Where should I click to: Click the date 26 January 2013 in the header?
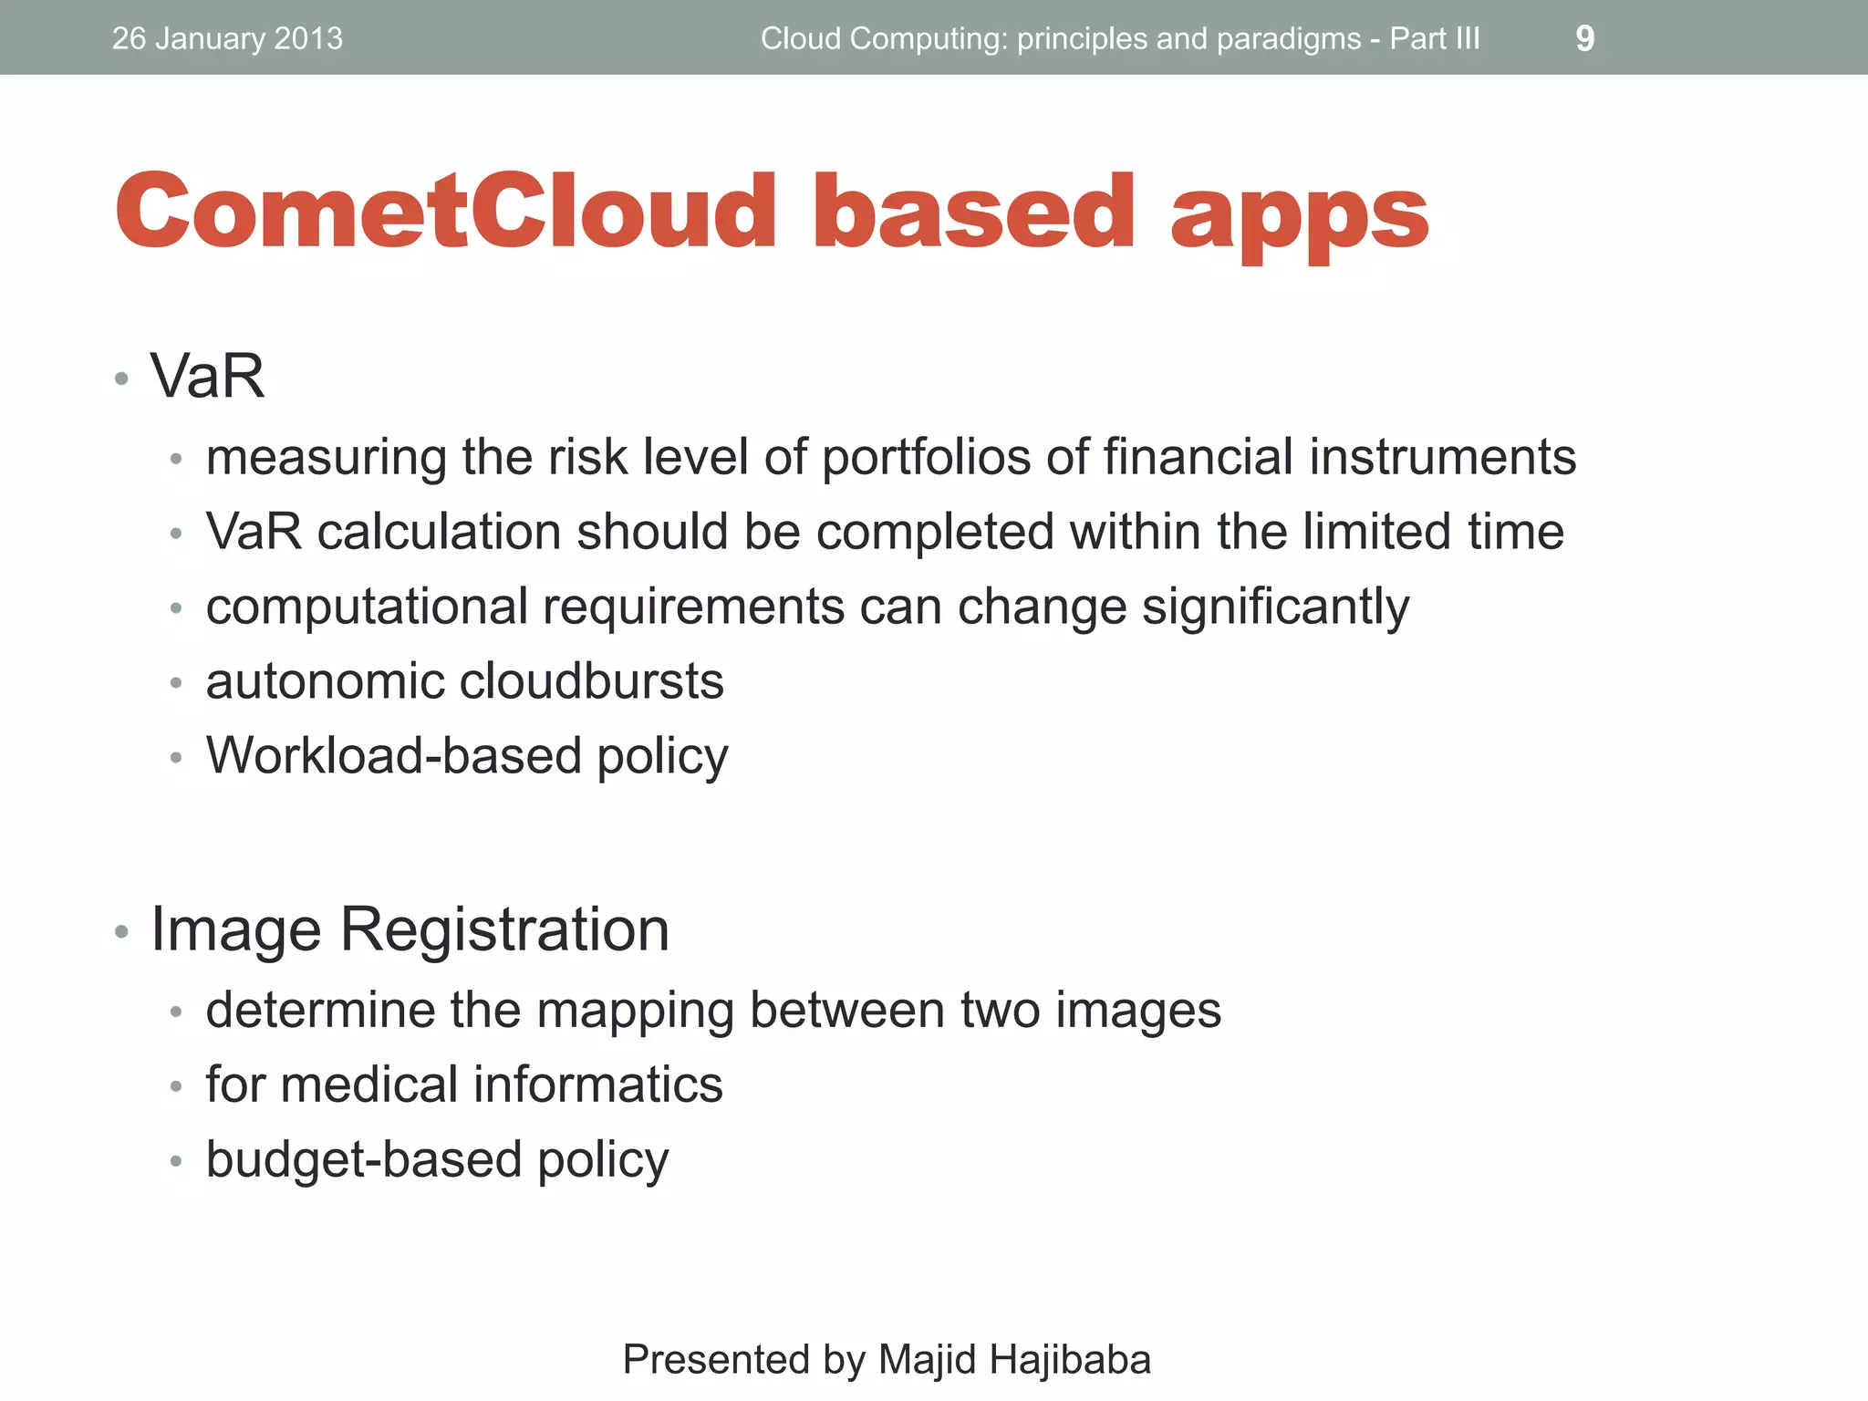coord(227,38)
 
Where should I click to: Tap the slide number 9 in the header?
coord(1584,38)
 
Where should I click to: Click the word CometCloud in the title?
coord(445,212)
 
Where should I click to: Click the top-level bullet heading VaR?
coord(207,376)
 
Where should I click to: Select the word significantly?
coord(1275,607)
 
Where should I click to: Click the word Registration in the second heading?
coord(504,929)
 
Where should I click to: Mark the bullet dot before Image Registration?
coord(121,932)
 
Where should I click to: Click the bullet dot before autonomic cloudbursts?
coord(176,683)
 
